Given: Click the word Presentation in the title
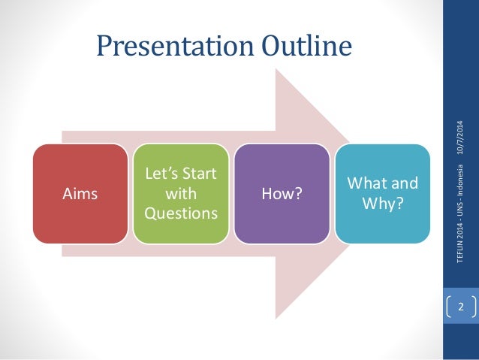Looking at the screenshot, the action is pos(175,47).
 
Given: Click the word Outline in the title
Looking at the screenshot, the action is pos(307,45).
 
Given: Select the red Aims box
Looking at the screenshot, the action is pos(80,194).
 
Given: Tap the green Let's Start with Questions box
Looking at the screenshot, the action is pos(181,194).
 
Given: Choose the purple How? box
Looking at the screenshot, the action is pos(282,194).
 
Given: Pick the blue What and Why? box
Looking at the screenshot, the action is pos(383,194).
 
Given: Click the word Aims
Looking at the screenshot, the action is pos(80,194).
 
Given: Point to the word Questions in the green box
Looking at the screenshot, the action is pos(181,213).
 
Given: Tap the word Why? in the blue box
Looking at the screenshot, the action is pos(383,203).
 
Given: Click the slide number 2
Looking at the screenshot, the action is pos(461,307).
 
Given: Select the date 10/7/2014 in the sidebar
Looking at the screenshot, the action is pos(460,138).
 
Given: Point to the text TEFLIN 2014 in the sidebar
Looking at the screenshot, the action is pos(460,242).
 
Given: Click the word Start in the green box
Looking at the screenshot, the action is pos(200,174).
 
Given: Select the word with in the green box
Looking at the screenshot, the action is pos(181,194).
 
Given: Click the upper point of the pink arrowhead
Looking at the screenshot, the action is pos(276,69).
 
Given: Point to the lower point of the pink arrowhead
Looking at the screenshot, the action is pos(276,319).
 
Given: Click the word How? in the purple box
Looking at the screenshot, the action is pos(282,194).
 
